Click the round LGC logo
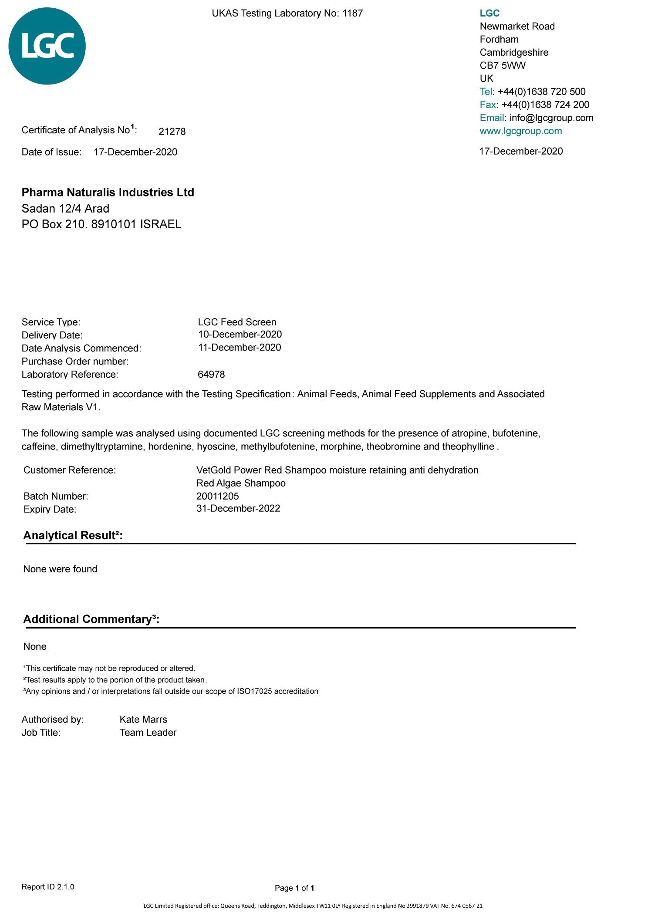[47, 46]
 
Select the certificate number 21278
[172, 132]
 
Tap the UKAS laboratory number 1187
[352, 14]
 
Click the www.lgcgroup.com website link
[520, 131]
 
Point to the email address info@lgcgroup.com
[551, 118]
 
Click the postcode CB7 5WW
[503, 66]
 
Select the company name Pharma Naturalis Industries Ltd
[108, 193]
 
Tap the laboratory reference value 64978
[211, 375]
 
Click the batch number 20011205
[217, 496]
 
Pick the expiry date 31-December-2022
[238, 509]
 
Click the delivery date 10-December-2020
[240, 335]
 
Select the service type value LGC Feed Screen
[237, 322]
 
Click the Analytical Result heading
[73, 535]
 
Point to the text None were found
[60, 569]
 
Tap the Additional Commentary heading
[91, 619]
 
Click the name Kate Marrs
[143, 720]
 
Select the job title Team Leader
[148, 733]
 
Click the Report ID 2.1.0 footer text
[48, 887]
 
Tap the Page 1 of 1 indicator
[294, 888]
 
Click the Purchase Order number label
[75, 362]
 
